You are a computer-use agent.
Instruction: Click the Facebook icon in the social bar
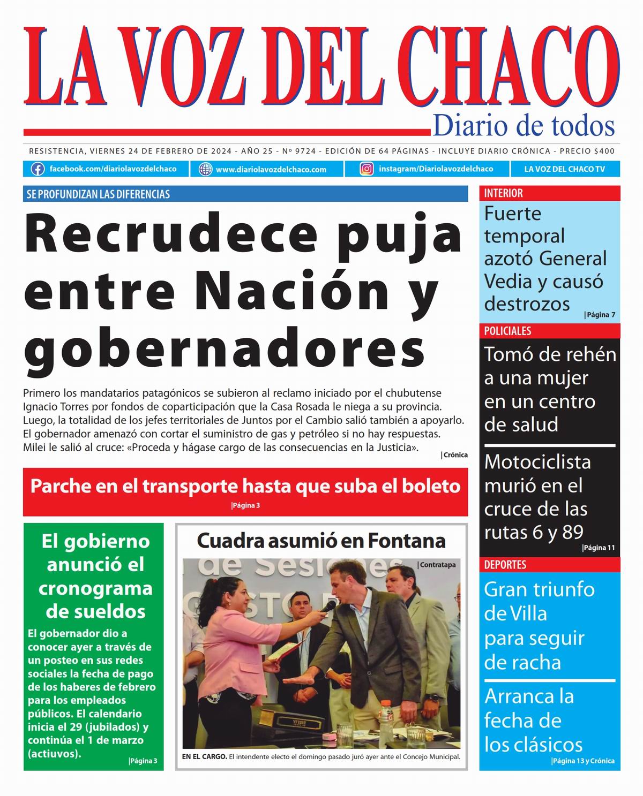click(x=38, y=169)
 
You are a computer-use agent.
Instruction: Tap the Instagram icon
click(x=367, y=169)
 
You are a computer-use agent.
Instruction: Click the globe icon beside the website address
click(x=205, y=169)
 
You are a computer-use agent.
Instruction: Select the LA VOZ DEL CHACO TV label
click(x=564, y=169)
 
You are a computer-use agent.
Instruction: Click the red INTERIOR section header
click(x=504, y=193)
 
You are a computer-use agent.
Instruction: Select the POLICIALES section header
click(x=507, y=331)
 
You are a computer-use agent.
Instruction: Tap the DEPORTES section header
click(x=505, y=565)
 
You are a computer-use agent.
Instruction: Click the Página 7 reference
click(x=600, y=315)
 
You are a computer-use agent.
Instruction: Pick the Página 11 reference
click(x=599, y=548)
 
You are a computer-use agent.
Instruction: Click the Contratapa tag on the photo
click(x=437, y=565)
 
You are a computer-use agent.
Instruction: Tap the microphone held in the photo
click(x=327, y=606)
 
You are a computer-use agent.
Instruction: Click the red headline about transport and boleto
click(x=245, y=486)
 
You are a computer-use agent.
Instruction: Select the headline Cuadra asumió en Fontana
click(x=322, y=541)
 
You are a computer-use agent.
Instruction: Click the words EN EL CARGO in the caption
click(x=204, y=757)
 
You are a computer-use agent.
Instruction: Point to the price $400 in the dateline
click(x=604, y=151)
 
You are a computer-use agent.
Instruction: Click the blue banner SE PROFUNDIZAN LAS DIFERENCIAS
click(x=99, y=194)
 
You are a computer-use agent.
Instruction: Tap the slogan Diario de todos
click(x=524, y=126)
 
